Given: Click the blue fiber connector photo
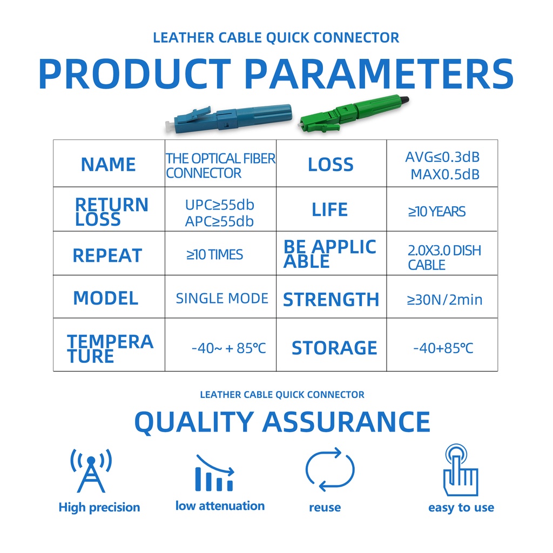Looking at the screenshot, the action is tap(228, 118).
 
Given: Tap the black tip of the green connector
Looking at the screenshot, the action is tap(404, 100).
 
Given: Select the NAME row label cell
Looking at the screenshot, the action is tap(109, 163).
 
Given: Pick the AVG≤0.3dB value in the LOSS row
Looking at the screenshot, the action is tap(442, 157).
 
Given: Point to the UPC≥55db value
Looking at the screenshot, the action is tap(220, 205).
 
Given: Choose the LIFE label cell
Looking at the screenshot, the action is tap(331, 209).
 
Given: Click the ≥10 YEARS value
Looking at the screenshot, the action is tap(437, 212).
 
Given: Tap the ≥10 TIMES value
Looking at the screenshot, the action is tap(215, 255).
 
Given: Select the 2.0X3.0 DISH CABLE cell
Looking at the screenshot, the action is tap(442, 253).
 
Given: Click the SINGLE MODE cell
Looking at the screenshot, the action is tap(220, 296).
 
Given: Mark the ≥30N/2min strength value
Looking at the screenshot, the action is tap(445, 300).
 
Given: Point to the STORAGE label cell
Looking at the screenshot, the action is tap(331, 345).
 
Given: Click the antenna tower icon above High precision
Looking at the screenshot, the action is tap(91, 470).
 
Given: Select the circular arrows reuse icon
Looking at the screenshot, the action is tap(330, 469).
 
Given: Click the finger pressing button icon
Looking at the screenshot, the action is tap(461, 470).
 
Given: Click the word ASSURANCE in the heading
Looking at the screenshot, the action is tap(346, 422).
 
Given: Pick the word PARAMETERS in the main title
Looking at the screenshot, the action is tap(379, 74).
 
